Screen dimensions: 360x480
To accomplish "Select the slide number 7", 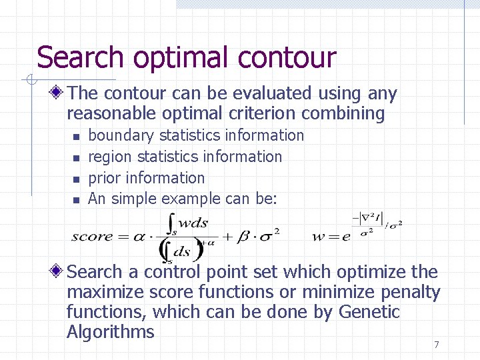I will (x=436, y=345).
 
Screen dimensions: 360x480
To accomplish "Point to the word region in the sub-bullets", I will (x=110, y=157).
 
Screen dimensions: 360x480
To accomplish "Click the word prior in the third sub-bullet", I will (x=104, y=178).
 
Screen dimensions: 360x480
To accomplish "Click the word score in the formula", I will (x=93, y=236).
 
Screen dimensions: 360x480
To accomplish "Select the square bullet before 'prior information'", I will (x=76, y=179).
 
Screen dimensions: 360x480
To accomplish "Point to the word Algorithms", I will (x=110, y=332).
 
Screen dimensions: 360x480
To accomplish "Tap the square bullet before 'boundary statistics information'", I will (x=76, y=136).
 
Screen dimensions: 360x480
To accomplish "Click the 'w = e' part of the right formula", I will (x=331, y=236).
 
